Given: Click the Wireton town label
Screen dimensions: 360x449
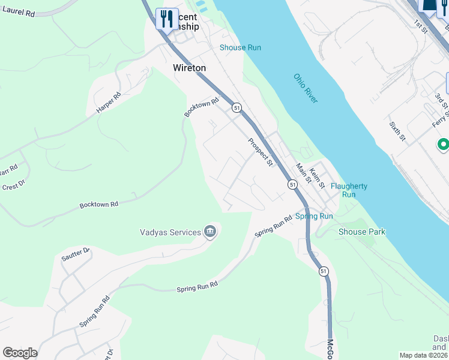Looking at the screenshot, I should click(x=189, y=68).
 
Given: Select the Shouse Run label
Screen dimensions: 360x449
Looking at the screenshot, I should click(x=240, y=47).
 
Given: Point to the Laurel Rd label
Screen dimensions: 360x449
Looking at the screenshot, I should click(x=18, y=11).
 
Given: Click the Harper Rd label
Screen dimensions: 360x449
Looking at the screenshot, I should click(x=108, y=103).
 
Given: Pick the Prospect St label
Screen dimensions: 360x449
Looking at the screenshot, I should click(x=261, y=152).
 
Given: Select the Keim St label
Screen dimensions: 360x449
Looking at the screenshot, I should click(x=317, y=176).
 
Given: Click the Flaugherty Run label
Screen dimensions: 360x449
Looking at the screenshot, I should click(x=349, y=190).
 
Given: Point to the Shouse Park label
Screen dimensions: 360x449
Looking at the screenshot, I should click(x=362, y=232).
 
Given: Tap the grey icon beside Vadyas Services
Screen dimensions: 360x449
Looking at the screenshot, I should click(x=209, y=232).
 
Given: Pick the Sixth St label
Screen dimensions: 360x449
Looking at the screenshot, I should click(x=397, y=130).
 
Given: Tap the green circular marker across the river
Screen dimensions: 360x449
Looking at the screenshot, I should click(x=443, y=145).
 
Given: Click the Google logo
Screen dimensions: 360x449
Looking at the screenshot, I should click(x=20, y=353).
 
